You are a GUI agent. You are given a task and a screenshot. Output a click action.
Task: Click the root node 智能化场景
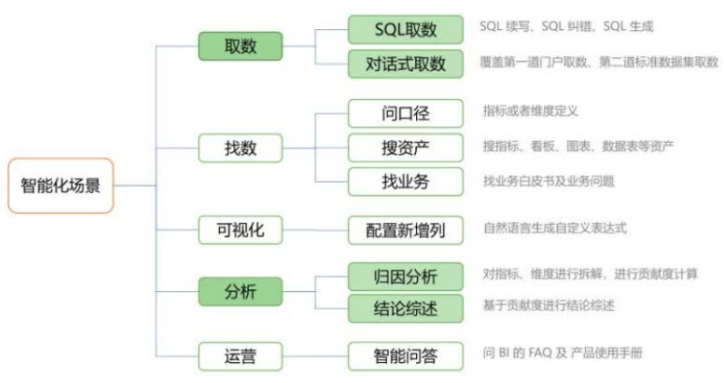click(x=61, y=185)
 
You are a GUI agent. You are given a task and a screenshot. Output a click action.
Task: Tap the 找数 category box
click(x=240, y=147)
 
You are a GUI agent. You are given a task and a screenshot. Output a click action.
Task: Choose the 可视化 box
click(x=240, y=230)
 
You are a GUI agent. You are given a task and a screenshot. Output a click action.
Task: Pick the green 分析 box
click(x=240, y=291)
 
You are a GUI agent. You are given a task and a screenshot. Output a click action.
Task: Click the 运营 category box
click(x=240, y=356)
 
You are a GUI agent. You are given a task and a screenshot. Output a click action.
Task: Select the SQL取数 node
click(x=406, y=30)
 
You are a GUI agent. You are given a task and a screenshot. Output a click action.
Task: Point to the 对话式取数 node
click(x=406, y=64)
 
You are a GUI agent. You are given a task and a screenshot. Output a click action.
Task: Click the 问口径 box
click(x=406, y=114)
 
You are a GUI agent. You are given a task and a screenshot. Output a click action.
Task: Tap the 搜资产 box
click(x=406, y=147)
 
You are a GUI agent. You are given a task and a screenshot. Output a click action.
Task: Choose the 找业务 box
click(x=406, y=180)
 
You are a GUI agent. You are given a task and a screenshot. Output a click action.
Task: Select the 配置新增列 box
click(x=406, y=230)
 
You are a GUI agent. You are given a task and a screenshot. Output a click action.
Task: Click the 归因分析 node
click(x=406, y=276)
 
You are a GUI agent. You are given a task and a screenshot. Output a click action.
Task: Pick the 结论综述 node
click(x=406, y=308)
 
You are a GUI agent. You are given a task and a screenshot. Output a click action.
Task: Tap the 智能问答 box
click(x=406, y=356)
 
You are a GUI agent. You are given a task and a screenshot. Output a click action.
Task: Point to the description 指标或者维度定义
click(x=531, y=111)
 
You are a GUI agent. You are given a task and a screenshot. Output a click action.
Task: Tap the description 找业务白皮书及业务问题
click(x=549, y=181)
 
